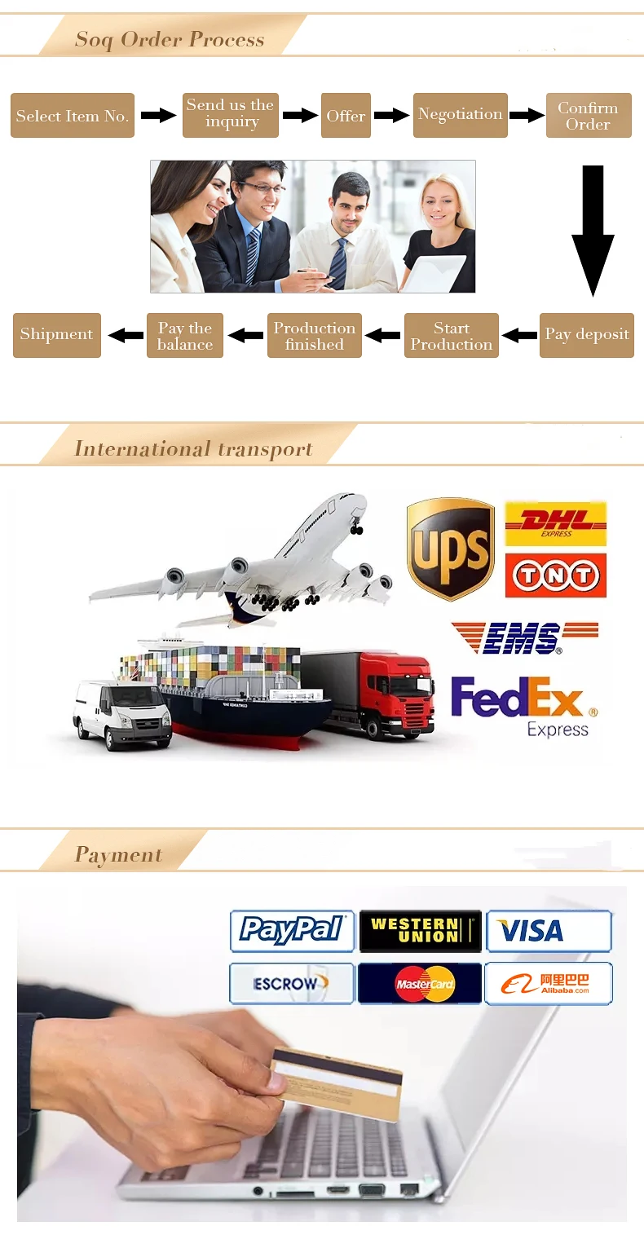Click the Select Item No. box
[72, 116]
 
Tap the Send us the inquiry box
[231, 115]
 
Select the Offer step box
[346, 116]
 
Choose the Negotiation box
[460, 115]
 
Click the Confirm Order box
[588, 116]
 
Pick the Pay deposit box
[586, 335]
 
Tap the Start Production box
[451, 336]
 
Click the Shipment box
[56, 335]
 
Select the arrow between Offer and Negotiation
[391, 116]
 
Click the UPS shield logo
[450, 549]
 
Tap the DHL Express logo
[556, 523]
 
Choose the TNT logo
[556, 576]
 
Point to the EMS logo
[524, 637]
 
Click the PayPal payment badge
[292, 931]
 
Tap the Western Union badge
[421, 931]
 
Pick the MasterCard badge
[421, 983]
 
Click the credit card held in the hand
[337, 1081]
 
